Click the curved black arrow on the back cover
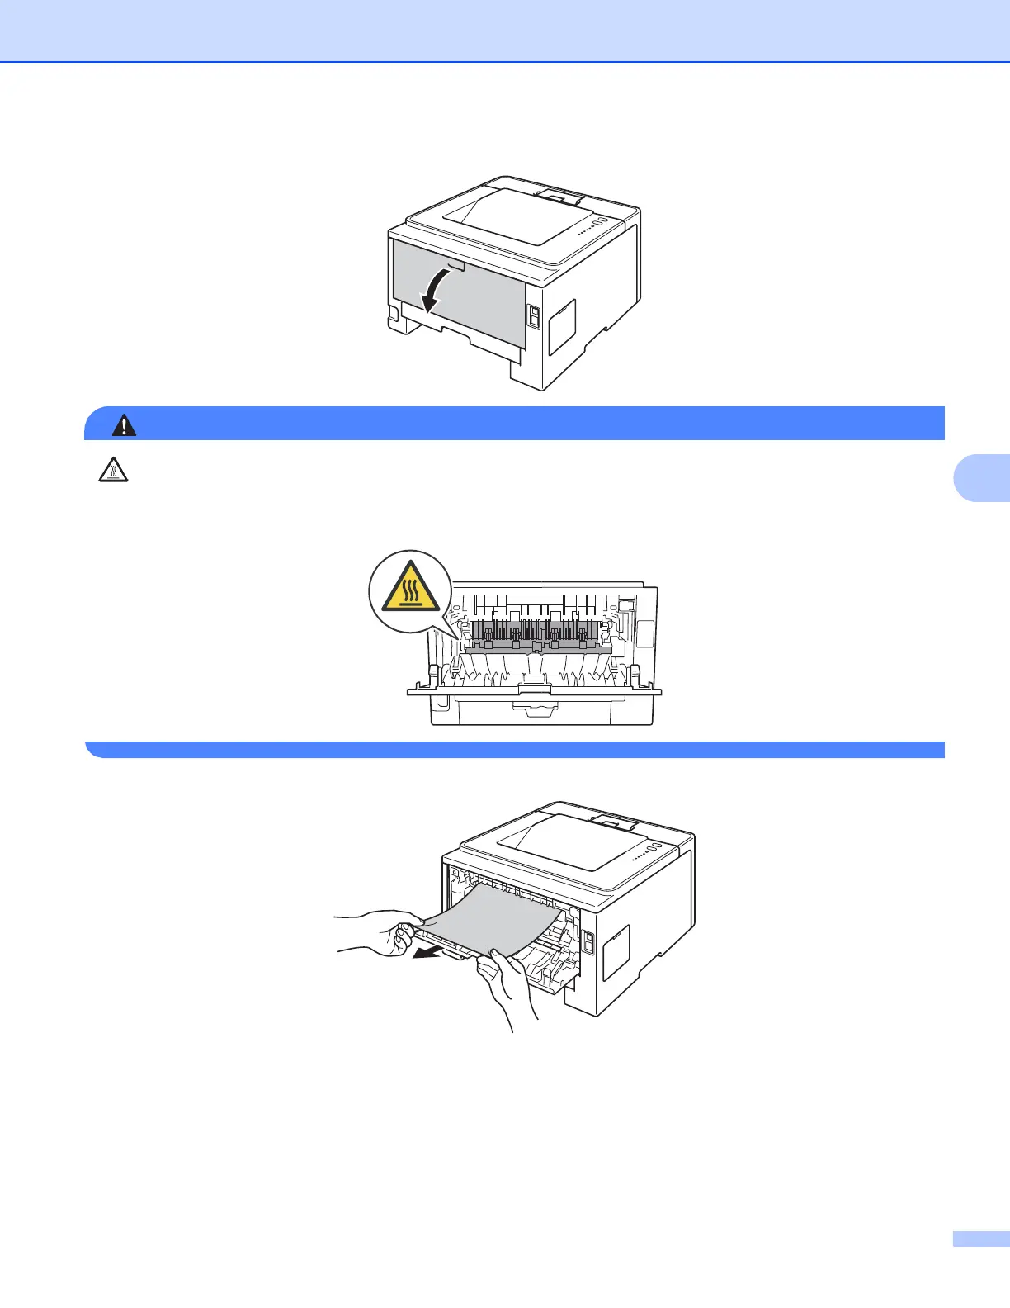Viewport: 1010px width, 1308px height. point(437,293)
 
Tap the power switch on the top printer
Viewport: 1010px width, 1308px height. point(533,316)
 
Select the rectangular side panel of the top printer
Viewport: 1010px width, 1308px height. point(562,326)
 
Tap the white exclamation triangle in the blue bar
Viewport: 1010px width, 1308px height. point(125,424)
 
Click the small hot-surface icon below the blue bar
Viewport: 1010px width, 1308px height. point(113,471)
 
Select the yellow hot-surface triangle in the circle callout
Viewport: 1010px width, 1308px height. point(410,592)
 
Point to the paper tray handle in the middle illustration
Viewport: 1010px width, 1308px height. point(536,707)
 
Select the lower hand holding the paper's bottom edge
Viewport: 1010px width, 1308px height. point(507,987)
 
